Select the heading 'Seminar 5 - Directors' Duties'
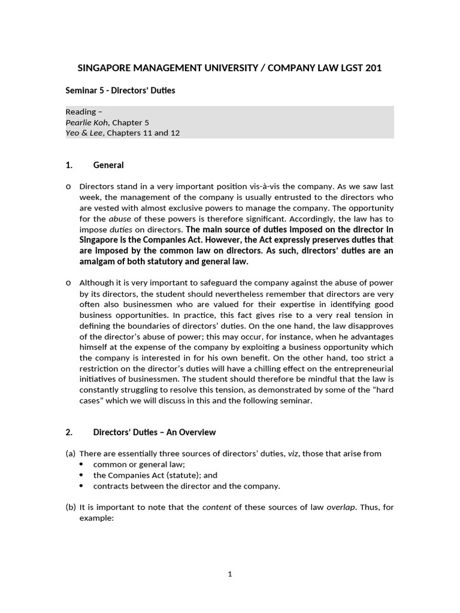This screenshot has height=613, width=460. tap(120, 90)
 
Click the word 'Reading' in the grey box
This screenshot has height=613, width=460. tap(81, 112)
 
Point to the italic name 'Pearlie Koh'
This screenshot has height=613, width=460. tap(87, 122)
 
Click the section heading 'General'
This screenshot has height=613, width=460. tap(108, 165)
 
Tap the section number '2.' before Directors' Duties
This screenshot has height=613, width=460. tap(69, 432)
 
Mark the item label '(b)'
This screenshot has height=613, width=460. tap(71, 507)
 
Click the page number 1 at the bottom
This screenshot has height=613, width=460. tap(230, 574)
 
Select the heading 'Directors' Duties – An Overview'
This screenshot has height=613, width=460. tap(155, 432)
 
